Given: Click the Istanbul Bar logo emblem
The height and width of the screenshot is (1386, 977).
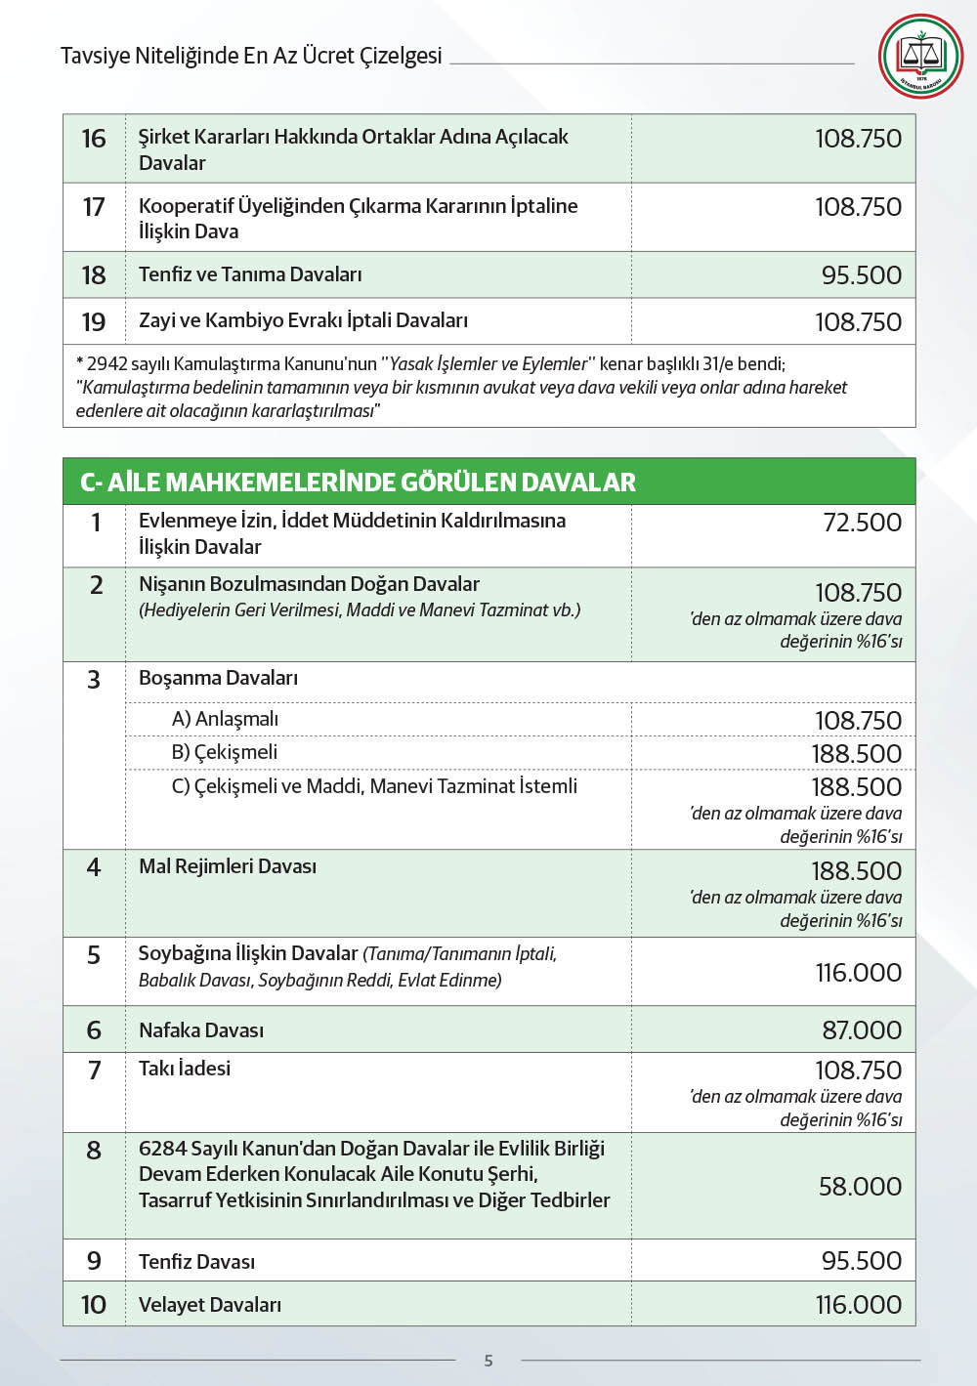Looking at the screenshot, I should pyautogui.click(x=920, y=56).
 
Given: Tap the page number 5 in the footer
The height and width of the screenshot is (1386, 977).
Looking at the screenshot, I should pyautogui.click(x=488, y=1360).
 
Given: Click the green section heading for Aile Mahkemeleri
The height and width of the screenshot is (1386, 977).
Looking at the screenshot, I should pyautogui.click(x=358, y=482).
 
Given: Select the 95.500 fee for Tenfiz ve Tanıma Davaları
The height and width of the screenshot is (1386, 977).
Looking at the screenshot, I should pyautogui.click(x=861, y=275).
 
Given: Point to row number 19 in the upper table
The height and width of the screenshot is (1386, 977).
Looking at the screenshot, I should pyautogui.click(x=94, y=322).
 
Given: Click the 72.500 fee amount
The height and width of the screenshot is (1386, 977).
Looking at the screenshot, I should pyautogui.click(x=862, y=523).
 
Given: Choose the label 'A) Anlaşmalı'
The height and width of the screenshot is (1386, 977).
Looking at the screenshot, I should pyautogui.click(x=225, y=719).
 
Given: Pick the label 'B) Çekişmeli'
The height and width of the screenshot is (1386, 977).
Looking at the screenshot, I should pyautogui.click(x=224, y=752).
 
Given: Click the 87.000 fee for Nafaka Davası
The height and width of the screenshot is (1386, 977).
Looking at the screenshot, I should pyautogui.click(x=861, y=1030).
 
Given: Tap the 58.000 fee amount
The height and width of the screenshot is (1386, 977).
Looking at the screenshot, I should pyautogui.click(x=860, y=1187).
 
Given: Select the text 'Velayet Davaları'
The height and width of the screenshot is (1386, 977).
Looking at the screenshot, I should pyautogui.click(x=210, y=1305).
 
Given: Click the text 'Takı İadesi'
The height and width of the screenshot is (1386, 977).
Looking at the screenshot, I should pyautogui.click(x=185, y=1069).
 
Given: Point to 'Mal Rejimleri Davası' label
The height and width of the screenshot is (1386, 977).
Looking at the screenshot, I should pyautogui.click(x=228, y=866).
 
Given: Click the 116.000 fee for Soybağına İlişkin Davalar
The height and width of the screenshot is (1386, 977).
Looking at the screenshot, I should pyautogui.click(x=858, y=973).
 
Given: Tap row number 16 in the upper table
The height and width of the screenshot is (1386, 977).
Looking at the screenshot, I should pyautogui.click(x=94, y=139).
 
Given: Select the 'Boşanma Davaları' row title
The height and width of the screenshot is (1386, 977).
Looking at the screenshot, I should pyautogui.click(x=218, y=678).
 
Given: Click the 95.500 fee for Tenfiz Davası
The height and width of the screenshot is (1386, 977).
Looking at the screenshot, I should pyautogui.click(x=861, y=1261).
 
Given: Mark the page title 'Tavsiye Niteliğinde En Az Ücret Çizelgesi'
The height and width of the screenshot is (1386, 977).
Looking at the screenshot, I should pyautogui.click(x=251, y=56).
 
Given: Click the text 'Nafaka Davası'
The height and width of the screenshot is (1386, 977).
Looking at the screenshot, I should pyautogui.click(x=201, y=1030).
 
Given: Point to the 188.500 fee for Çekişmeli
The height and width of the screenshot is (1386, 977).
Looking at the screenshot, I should pyautogui.click(x=856, y=754).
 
